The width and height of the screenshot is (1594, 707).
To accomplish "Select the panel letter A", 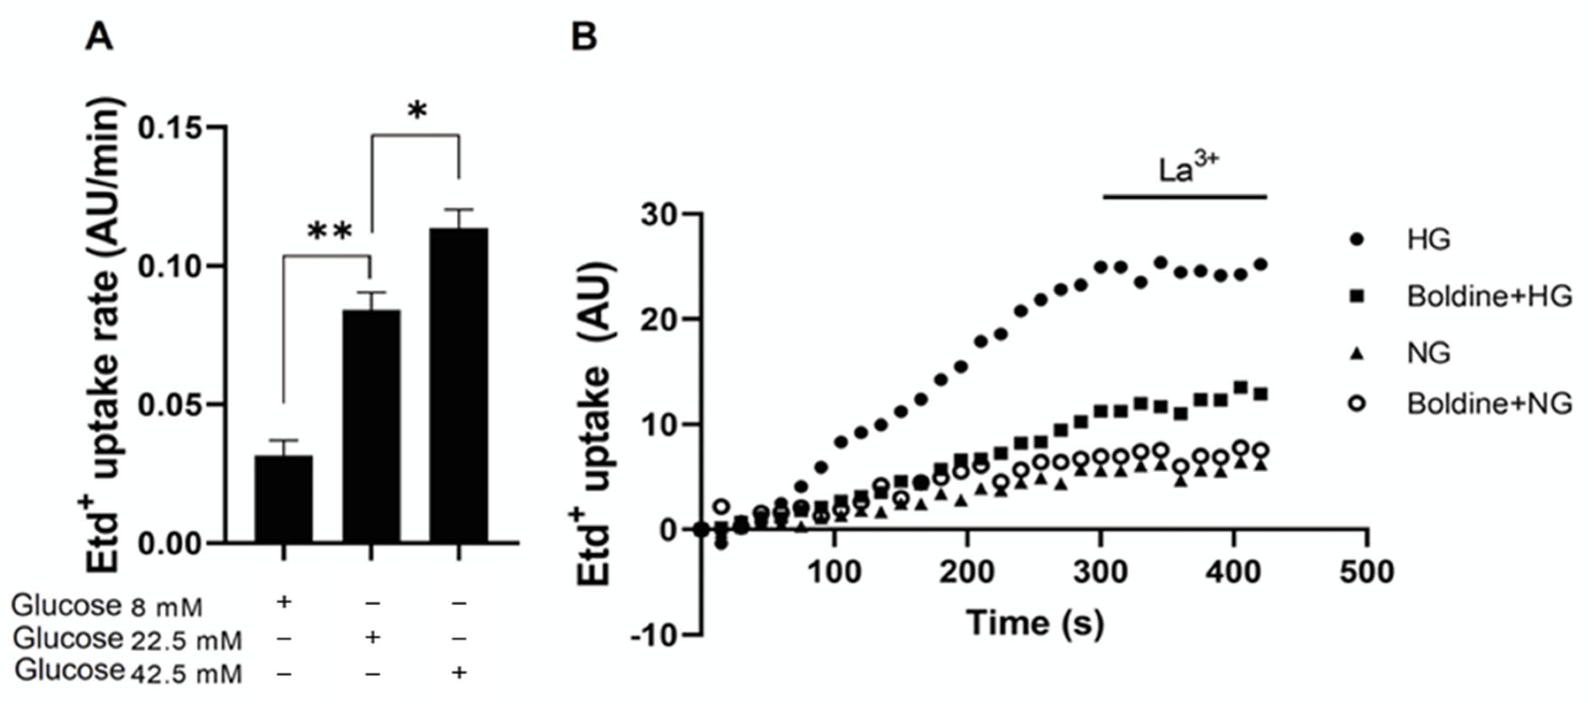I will pos(99,37).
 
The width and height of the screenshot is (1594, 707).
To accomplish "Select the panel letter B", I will pos(583,37).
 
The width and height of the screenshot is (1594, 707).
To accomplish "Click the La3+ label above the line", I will pos(1188,169).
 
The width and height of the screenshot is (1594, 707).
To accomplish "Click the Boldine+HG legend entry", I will pos(1488,296).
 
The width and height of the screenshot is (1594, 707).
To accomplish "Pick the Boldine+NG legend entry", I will pos(1488,403).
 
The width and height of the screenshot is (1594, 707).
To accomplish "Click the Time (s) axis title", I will pos(1035,623).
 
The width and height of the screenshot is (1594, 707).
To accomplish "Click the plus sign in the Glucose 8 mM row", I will pos(283,601).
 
